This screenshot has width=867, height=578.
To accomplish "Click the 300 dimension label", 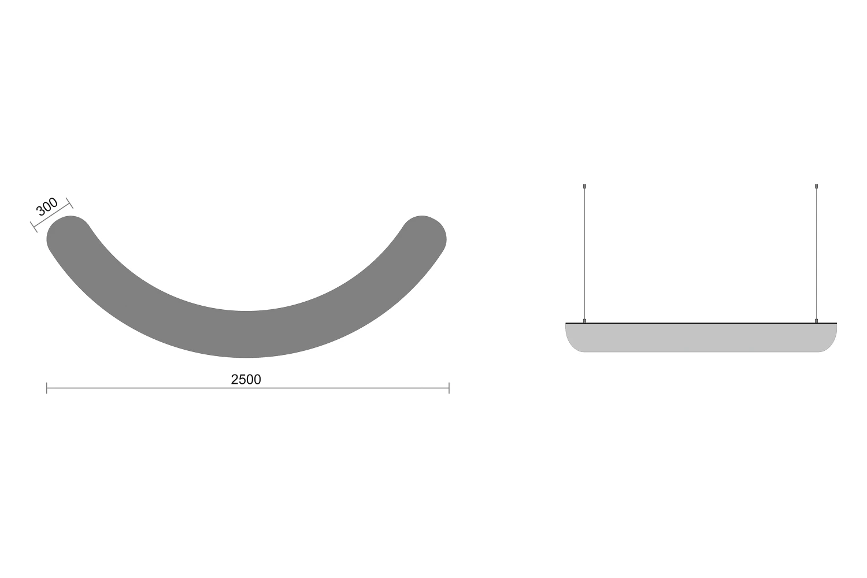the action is (47, 206).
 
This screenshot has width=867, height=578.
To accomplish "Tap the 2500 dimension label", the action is (246, 379).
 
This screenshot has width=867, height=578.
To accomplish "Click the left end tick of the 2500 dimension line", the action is (47, 388).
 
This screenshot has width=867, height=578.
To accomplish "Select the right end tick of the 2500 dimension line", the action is (449, 388).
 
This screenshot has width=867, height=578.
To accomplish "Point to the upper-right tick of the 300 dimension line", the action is (69, 203).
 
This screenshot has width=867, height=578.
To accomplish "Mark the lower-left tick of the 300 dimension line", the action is (34, 227).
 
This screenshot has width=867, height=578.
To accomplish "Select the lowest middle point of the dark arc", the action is (246, 357).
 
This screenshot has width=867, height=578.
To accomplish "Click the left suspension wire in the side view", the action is (584, 254).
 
